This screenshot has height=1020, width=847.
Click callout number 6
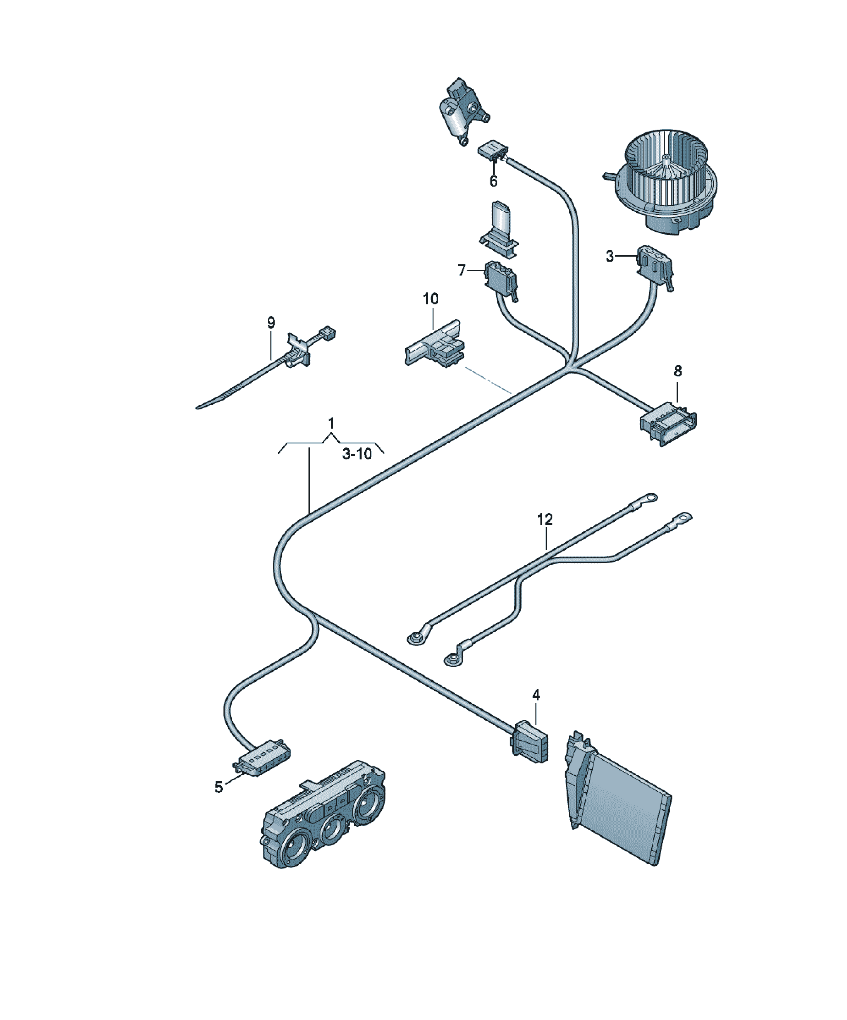point(494,181)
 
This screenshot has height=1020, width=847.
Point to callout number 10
point(431,299)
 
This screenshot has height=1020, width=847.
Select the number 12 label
point(545,520)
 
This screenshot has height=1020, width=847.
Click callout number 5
point(219,787)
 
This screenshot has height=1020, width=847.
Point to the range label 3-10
point(357,454)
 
